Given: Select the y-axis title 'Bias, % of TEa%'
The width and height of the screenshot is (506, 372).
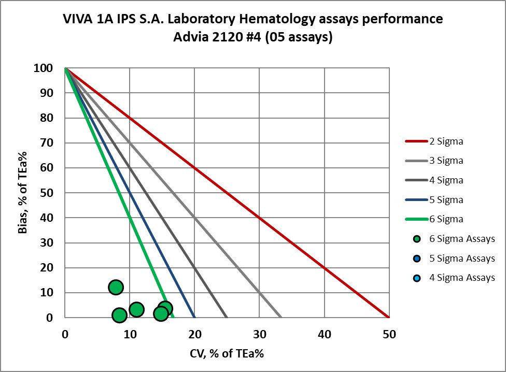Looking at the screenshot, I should (22, 193).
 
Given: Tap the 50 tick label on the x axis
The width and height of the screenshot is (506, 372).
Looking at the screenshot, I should (389, 334).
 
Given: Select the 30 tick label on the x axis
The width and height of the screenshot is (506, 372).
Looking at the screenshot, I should (259, 334).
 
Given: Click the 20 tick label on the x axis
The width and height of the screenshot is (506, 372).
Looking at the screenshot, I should (194, 334).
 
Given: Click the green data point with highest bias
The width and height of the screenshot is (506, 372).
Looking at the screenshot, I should (116, 287).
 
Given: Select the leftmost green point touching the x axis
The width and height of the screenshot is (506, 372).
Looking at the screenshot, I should (119, 315).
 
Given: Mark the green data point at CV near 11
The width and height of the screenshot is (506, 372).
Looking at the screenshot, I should (136, 309).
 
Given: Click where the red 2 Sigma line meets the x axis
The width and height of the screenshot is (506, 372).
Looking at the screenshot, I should (389, 318).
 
